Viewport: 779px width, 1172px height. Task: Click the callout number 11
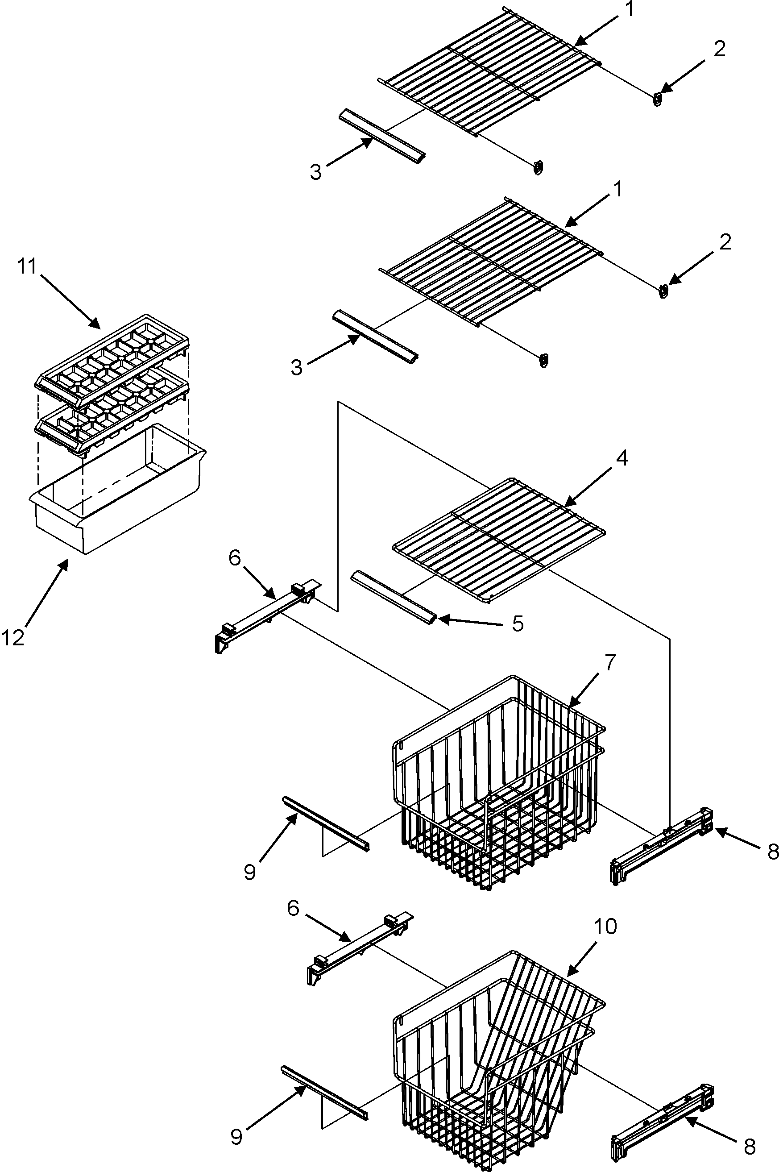(x=27, y=267)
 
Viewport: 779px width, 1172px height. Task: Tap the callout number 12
(x=13, y=637)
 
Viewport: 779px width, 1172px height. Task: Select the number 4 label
(x=622, y=458)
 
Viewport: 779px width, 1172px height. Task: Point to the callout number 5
(x=518, y=623)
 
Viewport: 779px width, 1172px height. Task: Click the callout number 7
(x=609, y=662)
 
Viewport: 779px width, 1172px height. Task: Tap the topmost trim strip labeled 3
(x=381, y=136)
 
